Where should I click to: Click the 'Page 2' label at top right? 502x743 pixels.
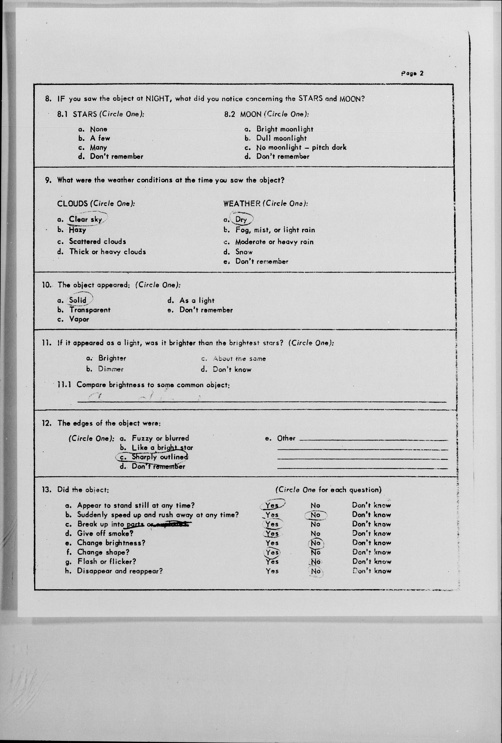[412, 73]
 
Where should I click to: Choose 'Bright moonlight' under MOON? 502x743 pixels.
[285, 129]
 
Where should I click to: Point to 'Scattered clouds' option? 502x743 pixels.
[97, 241]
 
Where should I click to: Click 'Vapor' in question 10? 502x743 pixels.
[79, 319]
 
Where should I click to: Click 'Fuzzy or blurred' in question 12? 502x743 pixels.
[160, 438]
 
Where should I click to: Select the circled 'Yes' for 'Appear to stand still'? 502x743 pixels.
[272, 506]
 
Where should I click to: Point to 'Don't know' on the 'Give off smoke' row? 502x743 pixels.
[371, 533]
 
